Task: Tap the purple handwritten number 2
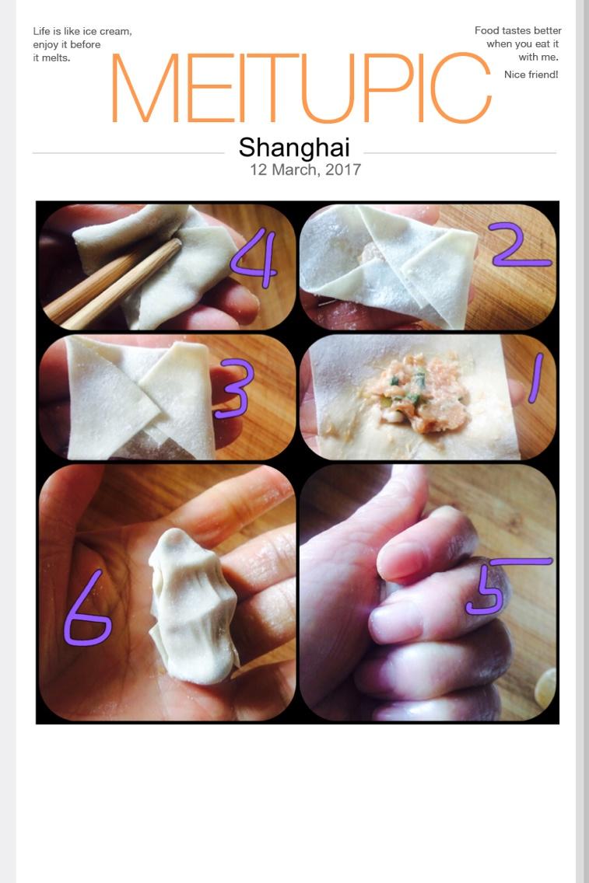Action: pyautogui.click(x=521, y=246)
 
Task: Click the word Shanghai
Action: pyautogui.click(x=294, y=147)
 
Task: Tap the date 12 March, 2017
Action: pyautogui.click(x=305, y=169)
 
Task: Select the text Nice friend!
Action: pyautogui.click(x=531, y=75)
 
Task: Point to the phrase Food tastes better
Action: pyautogui.click(x=517, y=30)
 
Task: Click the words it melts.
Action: pyautogui.click(x=51, y=58)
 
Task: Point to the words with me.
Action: pyautogui.click(x=538, y=57)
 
